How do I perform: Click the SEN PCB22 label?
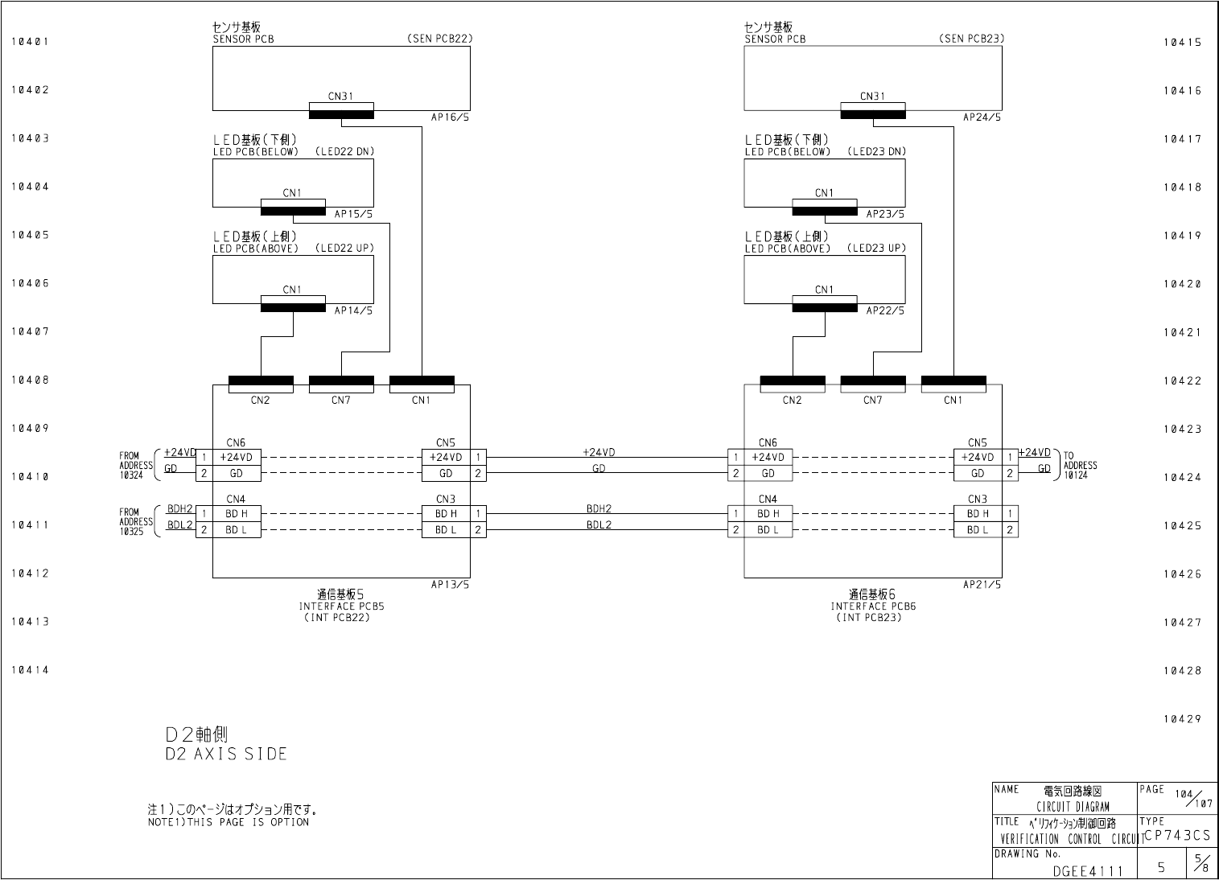(x=439, y=39)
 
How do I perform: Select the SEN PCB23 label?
(x=970, y=39)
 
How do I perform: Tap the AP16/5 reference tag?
(x=450, y=117)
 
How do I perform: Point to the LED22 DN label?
(x=344, y=151)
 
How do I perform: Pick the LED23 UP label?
(x=876, y=248)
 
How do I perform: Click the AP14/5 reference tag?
(x=353, y=310)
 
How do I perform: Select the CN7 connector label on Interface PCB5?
(x=341, y=400)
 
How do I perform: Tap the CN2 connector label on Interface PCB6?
(x=792, y=400)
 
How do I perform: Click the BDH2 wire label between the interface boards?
(x=599, y=508)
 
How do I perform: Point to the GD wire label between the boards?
(x=599, y=468)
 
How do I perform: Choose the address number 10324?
(x=131, y=475)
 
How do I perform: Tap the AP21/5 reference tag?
(x=982, y=585)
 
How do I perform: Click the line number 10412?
(x=30, y=574)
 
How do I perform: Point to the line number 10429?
(x=1181, y=719)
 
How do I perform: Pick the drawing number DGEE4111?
(x=1088, y=871)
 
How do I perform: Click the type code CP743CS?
(x=1176, y=836)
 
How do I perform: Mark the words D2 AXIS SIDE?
(x=226, y=755)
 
